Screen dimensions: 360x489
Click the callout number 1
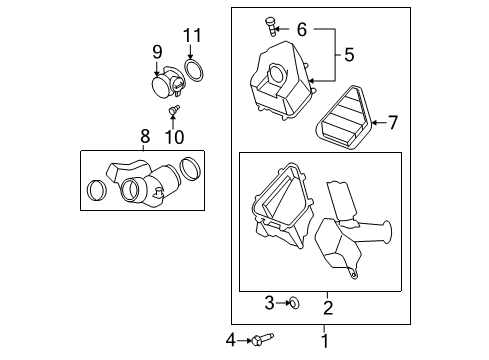point(323,341)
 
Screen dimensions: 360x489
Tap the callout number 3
point(269,302)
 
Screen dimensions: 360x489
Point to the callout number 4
point(231,341)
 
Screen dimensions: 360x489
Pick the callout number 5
point(348,52)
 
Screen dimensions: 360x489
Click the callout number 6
point(301,29)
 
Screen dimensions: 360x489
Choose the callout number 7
point(392,123)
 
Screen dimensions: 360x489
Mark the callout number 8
point(144,136)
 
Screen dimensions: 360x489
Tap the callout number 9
point(156,52)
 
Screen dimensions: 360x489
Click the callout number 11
point(192,38)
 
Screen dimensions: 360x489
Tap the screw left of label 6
point(270,24)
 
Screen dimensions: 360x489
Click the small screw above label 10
point(175,111)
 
